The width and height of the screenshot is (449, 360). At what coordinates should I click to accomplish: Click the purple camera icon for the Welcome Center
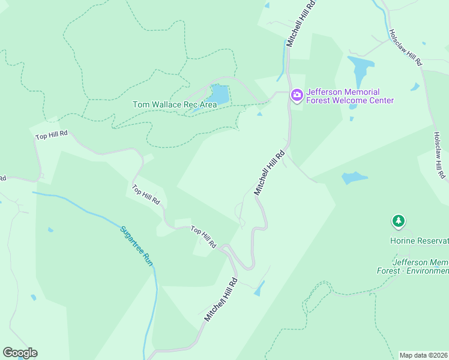tap(297, 95)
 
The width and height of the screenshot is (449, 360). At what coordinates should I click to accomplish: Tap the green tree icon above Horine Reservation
tap(399, 221)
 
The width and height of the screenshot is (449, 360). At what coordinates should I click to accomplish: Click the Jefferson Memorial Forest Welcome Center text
tap(350, 96)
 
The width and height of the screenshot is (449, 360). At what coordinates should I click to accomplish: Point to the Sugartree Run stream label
tap(136, 246)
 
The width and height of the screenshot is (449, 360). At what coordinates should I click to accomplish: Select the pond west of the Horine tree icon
tap(354, 178)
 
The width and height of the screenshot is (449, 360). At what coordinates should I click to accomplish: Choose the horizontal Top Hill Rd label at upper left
tap(52, 136)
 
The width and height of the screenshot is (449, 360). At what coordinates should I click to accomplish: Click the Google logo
tap(20, 353)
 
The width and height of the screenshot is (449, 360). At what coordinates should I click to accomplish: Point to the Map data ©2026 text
tap(423, 355)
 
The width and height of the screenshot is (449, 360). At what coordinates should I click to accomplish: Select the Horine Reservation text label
tap(419, 241)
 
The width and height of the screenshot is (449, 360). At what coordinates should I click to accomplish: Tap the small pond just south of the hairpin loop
tap(259, 290)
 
